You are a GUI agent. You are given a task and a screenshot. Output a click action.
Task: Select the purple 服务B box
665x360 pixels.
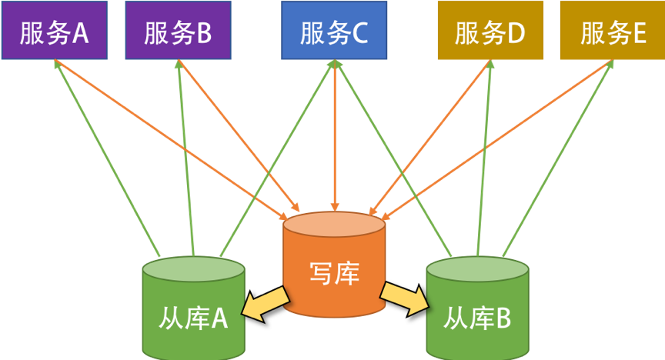[x=178, y=31]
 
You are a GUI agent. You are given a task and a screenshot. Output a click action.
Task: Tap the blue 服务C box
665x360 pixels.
[x=334, y=31]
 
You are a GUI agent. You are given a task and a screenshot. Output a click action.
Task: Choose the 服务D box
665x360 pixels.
[x=490, y=31]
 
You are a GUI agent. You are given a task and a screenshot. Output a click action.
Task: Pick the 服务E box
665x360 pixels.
[x=613, y=31]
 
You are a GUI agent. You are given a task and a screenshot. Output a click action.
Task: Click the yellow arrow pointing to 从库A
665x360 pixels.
[x=262, y=302]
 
